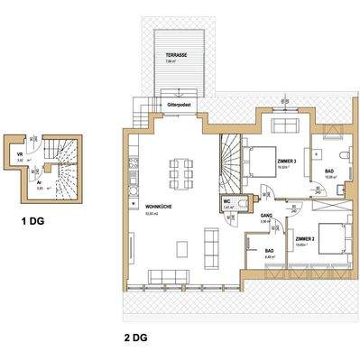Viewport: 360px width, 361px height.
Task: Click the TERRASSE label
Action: [175, 55]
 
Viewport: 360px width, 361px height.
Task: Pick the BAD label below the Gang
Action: [269, 253]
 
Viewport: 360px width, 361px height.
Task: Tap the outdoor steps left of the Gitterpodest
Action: [141, 116]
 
